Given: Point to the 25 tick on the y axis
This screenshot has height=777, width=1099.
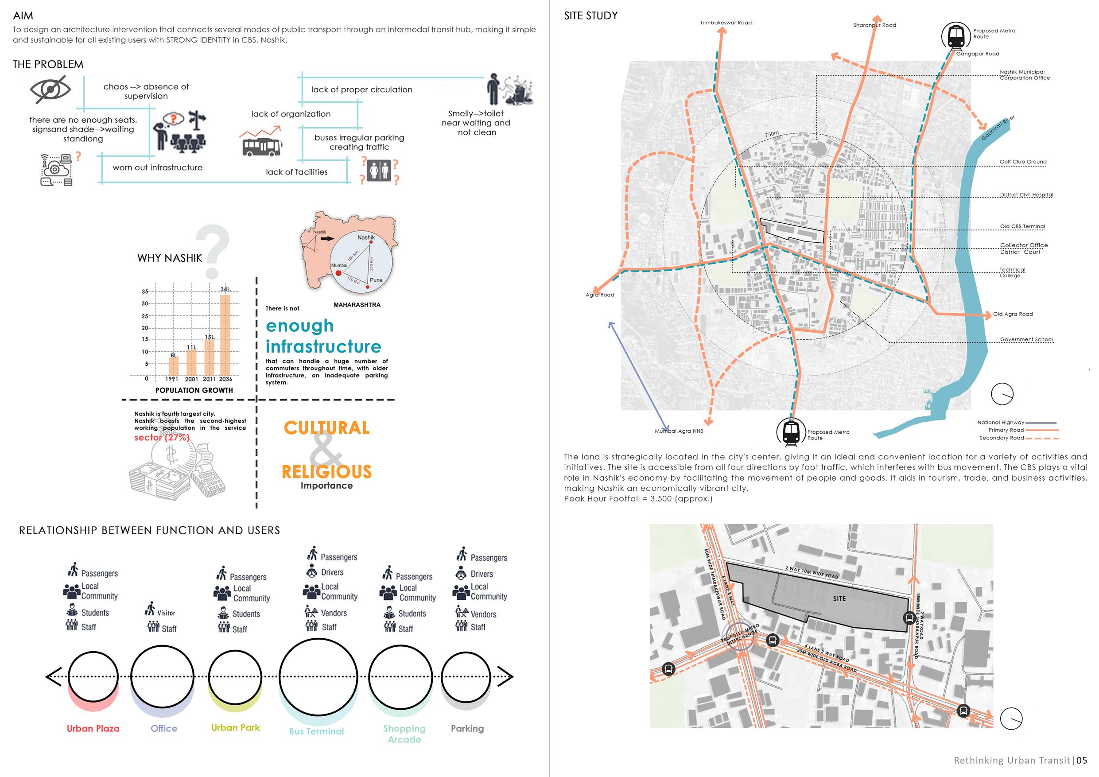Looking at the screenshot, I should [144, 316].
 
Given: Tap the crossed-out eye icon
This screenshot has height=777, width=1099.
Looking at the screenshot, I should [50, 89].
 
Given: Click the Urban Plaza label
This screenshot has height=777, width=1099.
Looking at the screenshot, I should [93, 728].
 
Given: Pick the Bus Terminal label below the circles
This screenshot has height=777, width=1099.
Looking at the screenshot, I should [316, 731].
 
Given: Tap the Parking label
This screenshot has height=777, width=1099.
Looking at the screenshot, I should [467, 728].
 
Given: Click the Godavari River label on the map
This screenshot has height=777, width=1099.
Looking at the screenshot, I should [998, 128].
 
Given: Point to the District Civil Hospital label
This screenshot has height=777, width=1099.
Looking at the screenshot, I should [1026, 195].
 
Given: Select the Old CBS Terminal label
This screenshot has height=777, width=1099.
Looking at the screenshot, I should [1022, 226].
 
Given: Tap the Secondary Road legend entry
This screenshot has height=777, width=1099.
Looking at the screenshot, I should [1002, 438].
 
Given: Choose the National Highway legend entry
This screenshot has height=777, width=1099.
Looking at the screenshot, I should [1000, 422].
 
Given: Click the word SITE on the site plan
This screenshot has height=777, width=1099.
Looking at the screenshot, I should [839, 598].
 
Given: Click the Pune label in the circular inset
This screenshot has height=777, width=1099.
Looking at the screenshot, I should [376, 280].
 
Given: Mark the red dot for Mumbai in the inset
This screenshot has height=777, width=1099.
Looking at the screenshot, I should [338, 273].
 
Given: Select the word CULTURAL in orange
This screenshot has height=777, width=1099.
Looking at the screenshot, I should [326, 427].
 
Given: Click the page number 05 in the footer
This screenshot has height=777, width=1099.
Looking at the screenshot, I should [1081, 760].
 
